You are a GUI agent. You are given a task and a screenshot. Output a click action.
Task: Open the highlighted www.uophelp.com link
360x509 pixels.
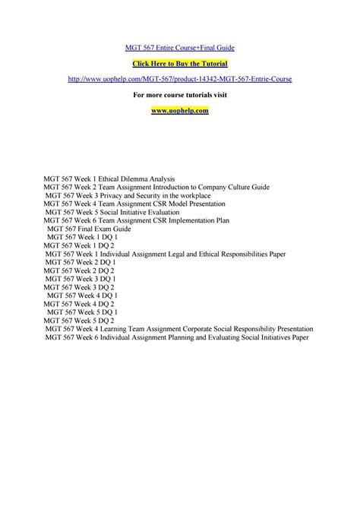click(x=180, y=110)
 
